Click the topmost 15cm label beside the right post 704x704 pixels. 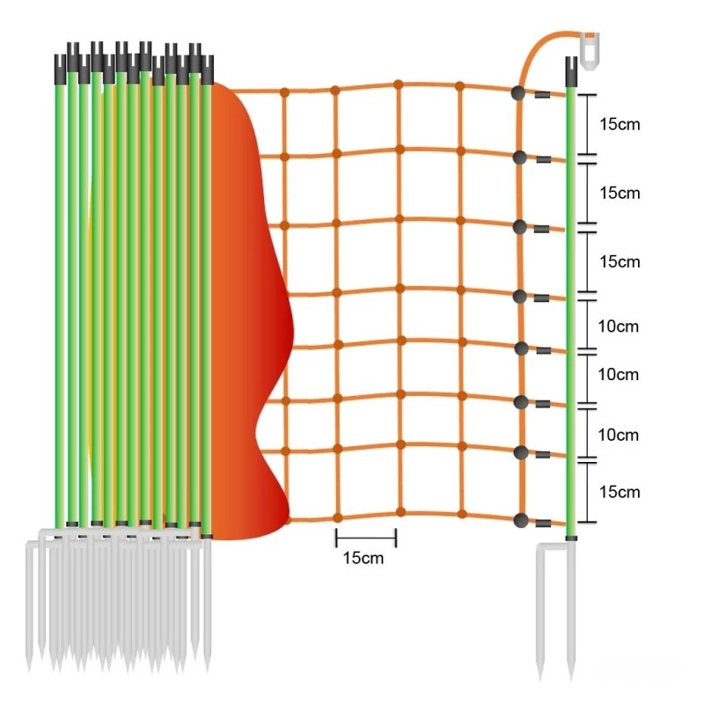tap(620, 124)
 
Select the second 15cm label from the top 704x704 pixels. tap(620, 193)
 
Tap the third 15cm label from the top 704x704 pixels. tap(620, 261)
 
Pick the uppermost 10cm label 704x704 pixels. tap(619, 326)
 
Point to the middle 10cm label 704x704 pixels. tap(619, 375)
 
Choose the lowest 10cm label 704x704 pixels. tap(619, 435)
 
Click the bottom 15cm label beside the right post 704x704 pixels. tap(620, 492)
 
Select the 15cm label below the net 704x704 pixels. tap(363, 558)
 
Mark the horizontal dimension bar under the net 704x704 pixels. tap(366, 538)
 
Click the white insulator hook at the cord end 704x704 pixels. tap(589, 50)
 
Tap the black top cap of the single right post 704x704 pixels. tap(571, 71)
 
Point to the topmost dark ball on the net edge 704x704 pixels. tap(517, 93)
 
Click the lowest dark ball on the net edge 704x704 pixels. tap(521, 520)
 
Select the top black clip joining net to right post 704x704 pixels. tap(542, 95)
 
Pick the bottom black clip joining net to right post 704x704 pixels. tap(543, 524)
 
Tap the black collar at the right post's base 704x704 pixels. tap(571, 538)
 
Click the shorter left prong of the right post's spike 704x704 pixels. tap(541, 612)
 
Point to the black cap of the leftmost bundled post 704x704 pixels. tap(60, 70)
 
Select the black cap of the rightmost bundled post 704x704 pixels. tap(207, 70)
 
